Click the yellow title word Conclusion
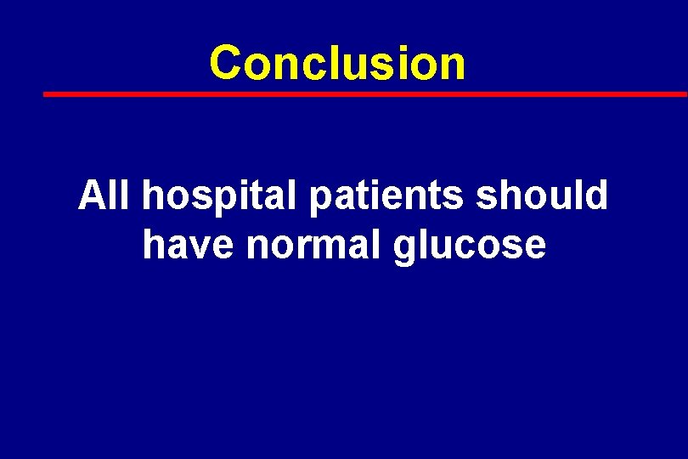pyautogui.click(x=337, y=64)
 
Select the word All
pyautogui.click(x=103, y=195)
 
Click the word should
pyautogui.click(x=542, y=195)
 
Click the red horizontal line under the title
pyautogui.click(x=365, y=93)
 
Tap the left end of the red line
pyautogui.click(x=47, y=93)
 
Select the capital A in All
pyautogui.click(x=91, y=195)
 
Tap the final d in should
pyautogui.click(x=597, y=195)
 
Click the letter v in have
pyautogui.click(x=199, y=246)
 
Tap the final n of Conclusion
pyautogui.click(x=454, y=65)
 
